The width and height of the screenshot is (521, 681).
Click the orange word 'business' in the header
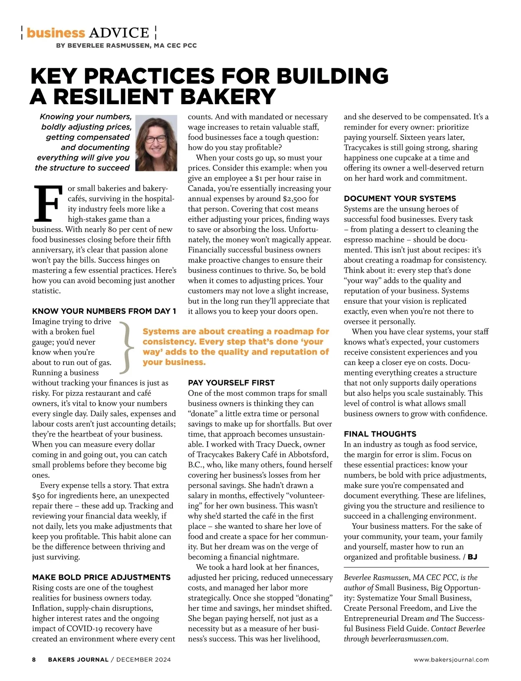click(x=56, y=33)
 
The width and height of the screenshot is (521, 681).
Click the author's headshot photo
click(x=156, y=143)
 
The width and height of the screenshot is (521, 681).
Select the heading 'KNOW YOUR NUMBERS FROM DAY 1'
click(x=104, y=311)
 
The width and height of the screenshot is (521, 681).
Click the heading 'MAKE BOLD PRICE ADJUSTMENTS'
click(x=101, y=577)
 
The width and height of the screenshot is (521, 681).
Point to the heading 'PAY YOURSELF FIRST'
click(x=231, y=383)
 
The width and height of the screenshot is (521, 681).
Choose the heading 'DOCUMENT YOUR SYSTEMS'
click(x=400, y=198)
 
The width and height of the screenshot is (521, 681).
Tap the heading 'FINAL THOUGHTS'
click(x=380, y=434)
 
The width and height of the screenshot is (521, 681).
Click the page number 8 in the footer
click(x=34, y=660)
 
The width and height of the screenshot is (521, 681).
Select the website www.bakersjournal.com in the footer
click(x=451, y=660)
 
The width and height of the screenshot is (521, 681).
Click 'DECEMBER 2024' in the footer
click(x=143, y=660)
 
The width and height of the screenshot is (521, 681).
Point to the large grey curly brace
click(x=125, y=347)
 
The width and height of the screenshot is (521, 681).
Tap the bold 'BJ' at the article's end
click(x=472, y=557)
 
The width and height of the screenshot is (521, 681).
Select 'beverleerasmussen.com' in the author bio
click(x=409, y=639)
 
